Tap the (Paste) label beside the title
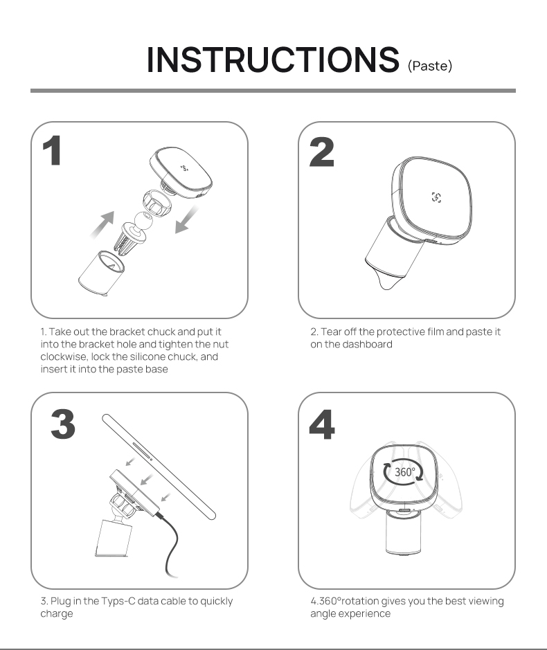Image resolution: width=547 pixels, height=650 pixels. [430, 66]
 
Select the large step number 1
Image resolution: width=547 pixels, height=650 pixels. [52, 151]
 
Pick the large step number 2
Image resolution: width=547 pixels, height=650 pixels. [322, 152]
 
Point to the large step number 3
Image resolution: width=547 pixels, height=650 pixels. [63, 424]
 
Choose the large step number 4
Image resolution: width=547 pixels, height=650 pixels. [322, 424]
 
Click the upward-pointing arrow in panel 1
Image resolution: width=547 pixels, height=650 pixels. [102, 224]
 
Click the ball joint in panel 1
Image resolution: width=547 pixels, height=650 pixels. [144, 221]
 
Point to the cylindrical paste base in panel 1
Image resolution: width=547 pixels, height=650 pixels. [100, 273]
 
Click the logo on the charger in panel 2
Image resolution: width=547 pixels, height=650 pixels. [436, 197]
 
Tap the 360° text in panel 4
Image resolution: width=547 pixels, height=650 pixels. [404, 472]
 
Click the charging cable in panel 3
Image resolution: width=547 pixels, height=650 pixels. [171, 543]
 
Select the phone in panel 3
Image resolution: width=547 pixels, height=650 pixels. [159, 467]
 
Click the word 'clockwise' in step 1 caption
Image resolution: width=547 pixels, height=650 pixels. [64, 357]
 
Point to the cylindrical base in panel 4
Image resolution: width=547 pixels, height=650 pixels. [404, 533]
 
